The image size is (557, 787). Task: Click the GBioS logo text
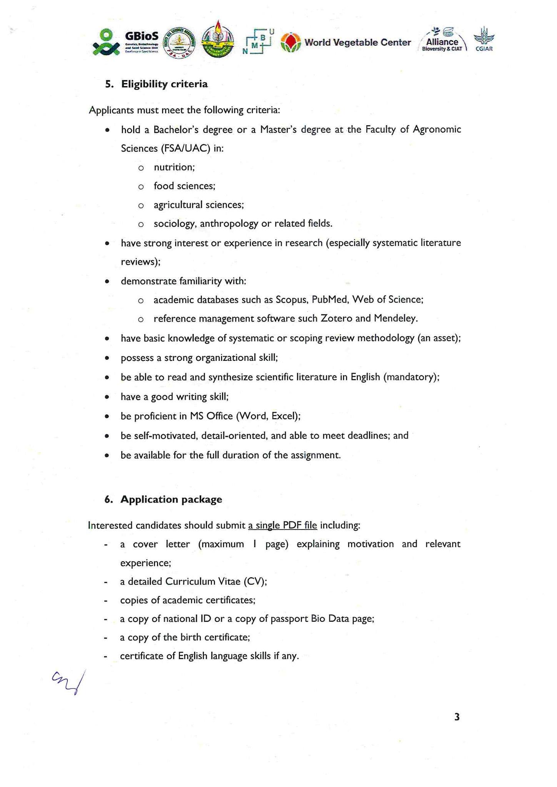point(142,37)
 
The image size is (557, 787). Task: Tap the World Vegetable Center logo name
point(357,43)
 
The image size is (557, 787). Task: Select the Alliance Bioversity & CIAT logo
point(442,40)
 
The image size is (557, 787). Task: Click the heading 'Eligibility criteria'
point(164,84)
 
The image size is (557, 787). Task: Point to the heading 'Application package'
point(171,499)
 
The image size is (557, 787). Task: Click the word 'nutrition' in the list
point(173,167)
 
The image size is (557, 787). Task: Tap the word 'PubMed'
point(329,300)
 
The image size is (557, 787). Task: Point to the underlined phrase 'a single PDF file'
point(282,525)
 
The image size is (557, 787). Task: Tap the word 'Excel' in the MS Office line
point(284,416)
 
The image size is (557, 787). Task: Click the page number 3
point(457,717)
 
